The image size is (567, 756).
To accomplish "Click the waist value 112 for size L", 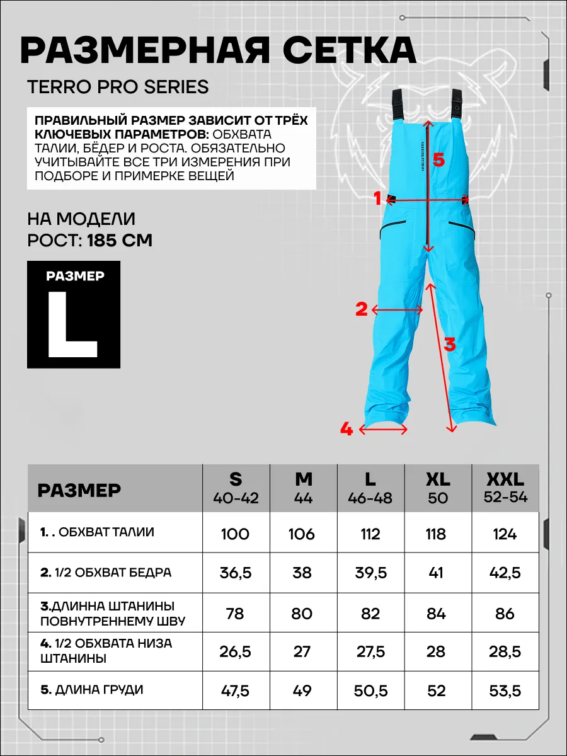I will pyautogui.click(x=370, y=534).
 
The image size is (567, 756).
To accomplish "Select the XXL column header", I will pyautogui.click(x=506, y=487).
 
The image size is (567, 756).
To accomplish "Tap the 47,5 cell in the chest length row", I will pyautogui.click(x=234, y=690).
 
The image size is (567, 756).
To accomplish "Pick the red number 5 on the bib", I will pyautogui.click(x=438, y=161).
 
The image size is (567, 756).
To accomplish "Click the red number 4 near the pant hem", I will pyautogui.click(x=346, y=430).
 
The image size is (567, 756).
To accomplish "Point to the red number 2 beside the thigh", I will pyautogui.click(x=361, y=309).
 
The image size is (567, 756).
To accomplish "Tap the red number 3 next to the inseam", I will pyautogui.click(x=449, y=345).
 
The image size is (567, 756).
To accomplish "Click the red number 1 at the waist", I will pyautogui.click(x=378, y=199).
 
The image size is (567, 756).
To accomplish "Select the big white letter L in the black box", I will pyautogui.click(x=72, y=325).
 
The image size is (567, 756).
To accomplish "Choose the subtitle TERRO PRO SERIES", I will pyautogui.click(x=118, y=87).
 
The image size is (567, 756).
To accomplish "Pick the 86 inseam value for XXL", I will pyautogui.click(x=505, y=613).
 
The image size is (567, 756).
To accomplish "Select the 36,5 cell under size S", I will pyautogui.click(x=234, y=573).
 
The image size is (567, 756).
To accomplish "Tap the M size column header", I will pyautogui.click(x=303, y=487).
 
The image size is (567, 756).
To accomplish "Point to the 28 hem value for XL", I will pyautogui.click(x=436, y=651).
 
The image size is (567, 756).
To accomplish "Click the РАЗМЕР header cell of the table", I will pyautogui.click(x=79, y=490).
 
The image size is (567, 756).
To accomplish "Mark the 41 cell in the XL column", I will pyautogui.click(x=436, y=573).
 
